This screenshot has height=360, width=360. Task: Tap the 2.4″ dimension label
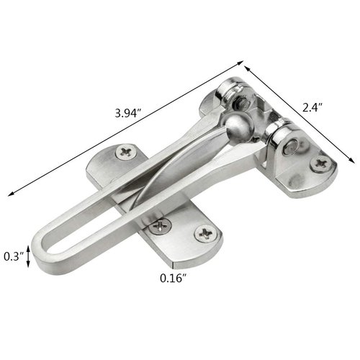[313, 108]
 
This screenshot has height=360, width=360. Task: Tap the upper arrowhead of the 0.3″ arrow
[29, 245]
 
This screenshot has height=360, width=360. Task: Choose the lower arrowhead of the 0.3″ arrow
[29, 267]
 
